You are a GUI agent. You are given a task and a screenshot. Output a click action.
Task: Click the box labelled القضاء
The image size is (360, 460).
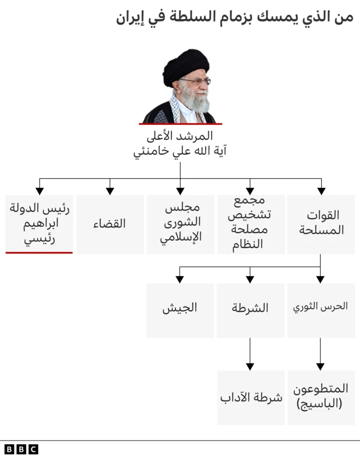click(x=110, y=224)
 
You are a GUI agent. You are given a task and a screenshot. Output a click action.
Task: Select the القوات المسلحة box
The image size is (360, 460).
click(x=321, y=224)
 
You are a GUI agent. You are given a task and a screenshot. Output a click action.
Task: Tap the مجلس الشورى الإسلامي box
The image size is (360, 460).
click(x=180, y=224)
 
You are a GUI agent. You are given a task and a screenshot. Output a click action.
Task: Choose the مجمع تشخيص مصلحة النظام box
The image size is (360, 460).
click(x=250, y=224)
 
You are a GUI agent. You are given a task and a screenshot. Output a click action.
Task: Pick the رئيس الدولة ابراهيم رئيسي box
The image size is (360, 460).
click(x=39, y=224)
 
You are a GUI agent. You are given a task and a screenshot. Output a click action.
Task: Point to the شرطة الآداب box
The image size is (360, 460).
click(x=250, y=397)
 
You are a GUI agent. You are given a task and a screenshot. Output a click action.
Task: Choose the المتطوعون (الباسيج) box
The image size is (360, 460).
click(x=321, y=397)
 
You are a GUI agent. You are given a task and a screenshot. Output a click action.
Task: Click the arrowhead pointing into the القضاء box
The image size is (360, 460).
click(x=110, y=190)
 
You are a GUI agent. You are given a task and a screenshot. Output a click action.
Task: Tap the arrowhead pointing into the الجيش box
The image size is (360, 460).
click(x=180, y=278)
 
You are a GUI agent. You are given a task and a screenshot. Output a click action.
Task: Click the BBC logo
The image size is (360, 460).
click(x=21, y=449)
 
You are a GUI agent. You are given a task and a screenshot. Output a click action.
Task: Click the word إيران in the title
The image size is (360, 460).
click(x=130, y=17)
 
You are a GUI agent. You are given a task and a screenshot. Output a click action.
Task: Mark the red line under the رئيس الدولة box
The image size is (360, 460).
click(x=39, y=252)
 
